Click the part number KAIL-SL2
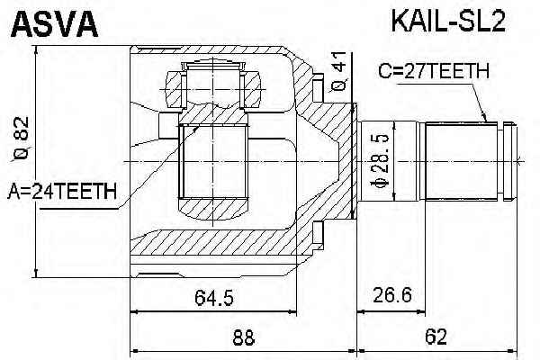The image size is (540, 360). click(448, 21)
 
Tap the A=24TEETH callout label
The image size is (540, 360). click(62, 191)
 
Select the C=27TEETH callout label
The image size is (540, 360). click(434, 71)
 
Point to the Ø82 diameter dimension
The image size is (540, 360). click(22, 139)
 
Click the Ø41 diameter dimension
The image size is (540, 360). click(339, 71)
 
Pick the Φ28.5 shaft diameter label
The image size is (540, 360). click(380, 161)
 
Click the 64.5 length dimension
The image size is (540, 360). click(214, 297)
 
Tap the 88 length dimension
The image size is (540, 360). click(244, 337)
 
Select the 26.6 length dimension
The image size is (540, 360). click(392, 295)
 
